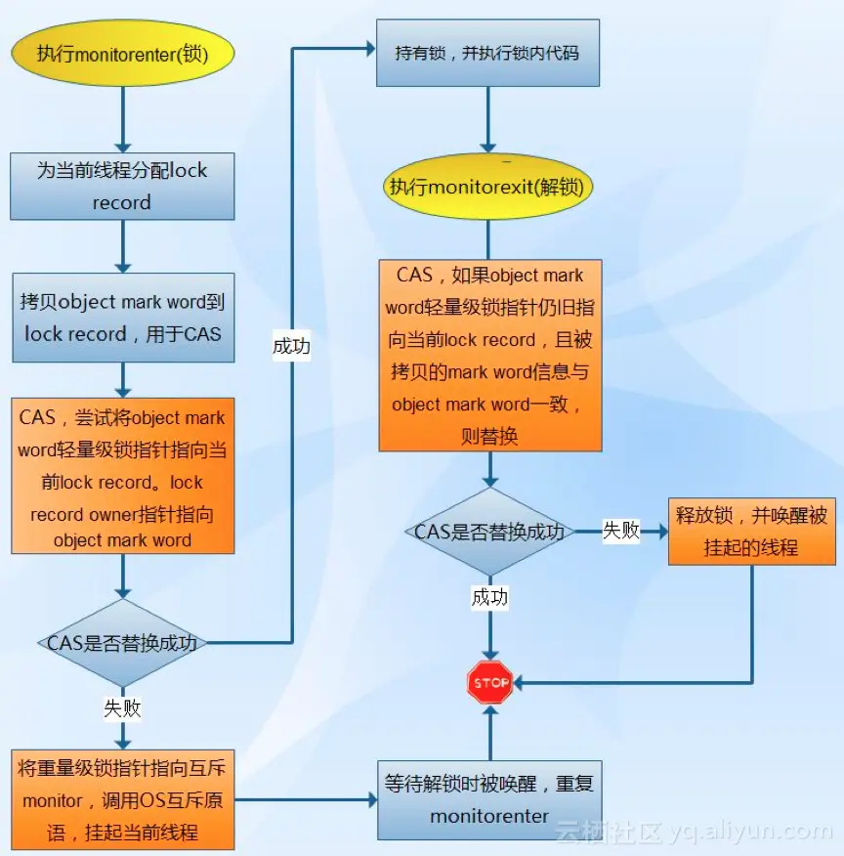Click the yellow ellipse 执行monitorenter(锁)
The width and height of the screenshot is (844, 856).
coord(123,54)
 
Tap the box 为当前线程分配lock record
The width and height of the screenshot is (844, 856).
coord(122,186)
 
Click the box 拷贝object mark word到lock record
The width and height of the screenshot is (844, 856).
coord(122,318)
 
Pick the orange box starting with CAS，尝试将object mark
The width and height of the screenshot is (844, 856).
coord(122,476)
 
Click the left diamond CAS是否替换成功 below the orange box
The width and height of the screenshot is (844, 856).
coord(122,642)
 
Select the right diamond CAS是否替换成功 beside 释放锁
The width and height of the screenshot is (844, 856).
coord(489,532)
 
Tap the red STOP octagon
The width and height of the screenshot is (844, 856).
coord(490,683)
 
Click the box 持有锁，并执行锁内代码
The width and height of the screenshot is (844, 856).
coord(487,52)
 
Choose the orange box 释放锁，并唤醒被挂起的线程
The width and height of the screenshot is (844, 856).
coord(751,532)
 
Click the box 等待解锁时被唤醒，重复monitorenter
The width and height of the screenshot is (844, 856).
coord(489,799)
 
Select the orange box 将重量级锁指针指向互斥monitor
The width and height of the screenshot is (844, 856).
coord(122,799)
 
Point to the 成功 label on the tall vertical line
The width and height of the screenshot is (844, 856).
coord(291,345)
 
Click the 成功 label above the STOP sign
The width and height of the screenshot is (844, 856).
coord(489,597)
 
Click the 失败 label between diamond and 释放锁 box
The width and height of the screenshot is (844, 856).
coord(620,531)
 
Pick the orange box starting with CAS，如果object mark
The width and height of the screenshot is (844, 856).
coord(489,355)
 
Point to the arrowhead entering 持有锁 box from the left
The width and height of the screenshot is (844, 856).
coord(370,47)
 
